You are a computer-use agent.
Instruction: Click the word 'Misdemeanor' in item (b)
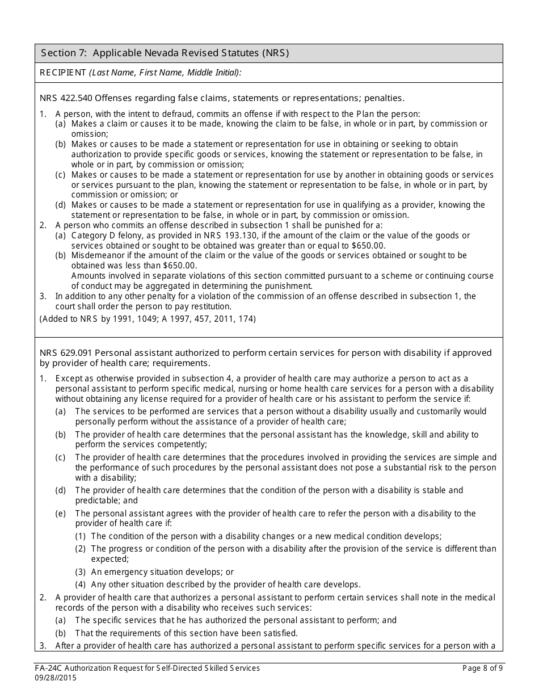96,256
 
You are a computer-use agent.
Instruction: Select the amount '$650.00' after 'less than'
180,266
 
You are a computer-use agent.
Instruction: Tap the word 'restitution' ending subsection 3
210,306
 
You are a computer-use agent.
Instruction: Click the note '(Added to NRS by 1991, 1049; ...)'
148,319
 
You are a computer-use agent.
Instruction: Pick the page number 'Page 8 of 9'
483,668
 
